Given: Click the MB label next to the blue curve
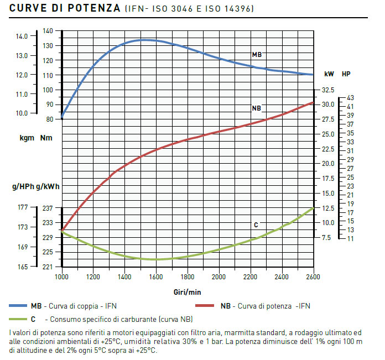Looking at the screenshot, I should pos(257,55).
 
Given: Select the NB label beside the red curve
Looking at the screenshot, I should pos(256,108).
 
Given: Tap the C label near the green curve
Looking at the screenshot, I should pos(256,225).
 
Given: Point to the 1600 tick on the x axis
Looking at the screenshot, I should pos(156,276).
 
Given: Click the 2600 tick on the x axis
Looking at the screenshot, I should pos(314,276).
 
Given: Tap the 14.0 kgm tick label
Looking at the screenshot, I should pos(22,36).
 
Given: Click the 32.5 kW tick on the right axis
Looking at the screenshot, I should pos(328,90).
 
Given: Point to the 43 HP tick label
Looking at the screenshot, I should pos(350,98).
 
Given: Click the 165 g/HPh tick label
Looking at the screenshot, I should pos(22,267).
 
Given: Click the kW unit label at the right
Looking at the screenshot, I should pos(329,74).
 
